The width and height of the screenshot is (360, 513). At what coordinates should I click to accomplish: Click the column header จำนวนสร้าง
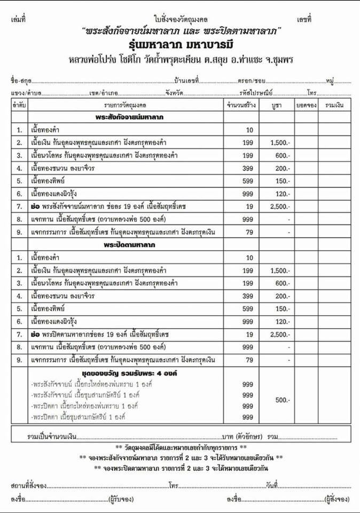click(241, 105)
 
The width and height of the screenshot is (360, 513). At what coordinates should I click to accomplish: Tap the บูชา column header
click(276, 105)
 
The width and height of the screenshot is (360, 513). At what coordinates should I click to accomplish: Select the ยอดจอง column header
click(306, 105)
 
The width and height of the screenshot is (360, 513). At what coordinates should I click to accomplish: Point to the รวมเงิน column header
click(335, 105)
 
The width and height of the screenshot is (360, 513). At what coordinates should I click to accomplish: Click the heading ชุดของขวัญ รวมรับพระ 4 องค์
click(126, 372)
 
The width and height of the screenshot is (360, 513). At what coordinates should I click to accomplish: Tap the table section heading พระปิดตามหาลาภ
click(126, 243)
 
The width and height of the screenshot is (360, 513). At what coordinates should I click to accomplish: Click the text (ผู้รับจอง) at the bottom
click(123, 499)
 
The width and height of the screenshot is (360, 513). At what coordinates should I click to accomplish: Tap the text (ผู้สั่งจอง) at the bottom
click(338, 499)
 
